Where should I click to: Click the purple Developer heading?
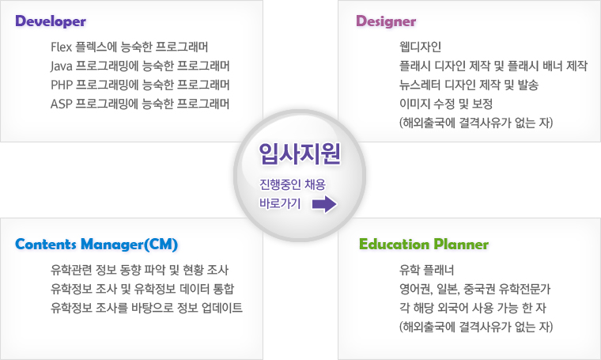[51, 21]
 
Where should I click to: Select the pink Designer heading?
[386, 21]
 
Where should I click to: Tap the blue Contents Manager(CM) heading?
[96, 244]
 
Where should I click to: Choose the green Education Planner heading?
[424, 244]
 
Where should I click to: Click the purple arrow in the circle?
[324, 204]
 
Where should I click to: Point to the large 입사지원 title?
[300, 153]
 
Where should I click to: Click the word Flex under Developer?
[62, 47]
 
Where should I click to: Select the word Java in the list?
[62, 66]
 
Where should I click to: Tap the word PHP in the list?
[62, 85]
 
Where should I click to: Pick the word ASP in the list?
[62, 104]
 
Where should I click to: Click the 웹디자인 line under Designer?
[420, 47]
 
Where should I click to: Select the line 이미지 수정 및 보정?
[446, 104]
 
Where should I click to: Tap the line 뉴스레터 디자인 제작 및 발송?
[469, 85]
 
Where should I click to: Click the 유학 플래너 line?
[426, 270]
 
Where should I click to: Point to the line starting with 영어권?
[475, 289]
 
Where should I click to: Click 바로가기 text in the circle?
[280, 203]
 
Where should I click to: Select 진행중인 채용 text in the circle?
[293, 184]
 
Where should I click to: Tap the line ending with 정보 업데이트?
[146, 308]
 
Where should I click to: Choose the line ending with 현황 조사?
[139, 270]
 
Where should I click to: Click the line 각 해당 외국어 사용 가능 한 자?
[473, 308]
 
